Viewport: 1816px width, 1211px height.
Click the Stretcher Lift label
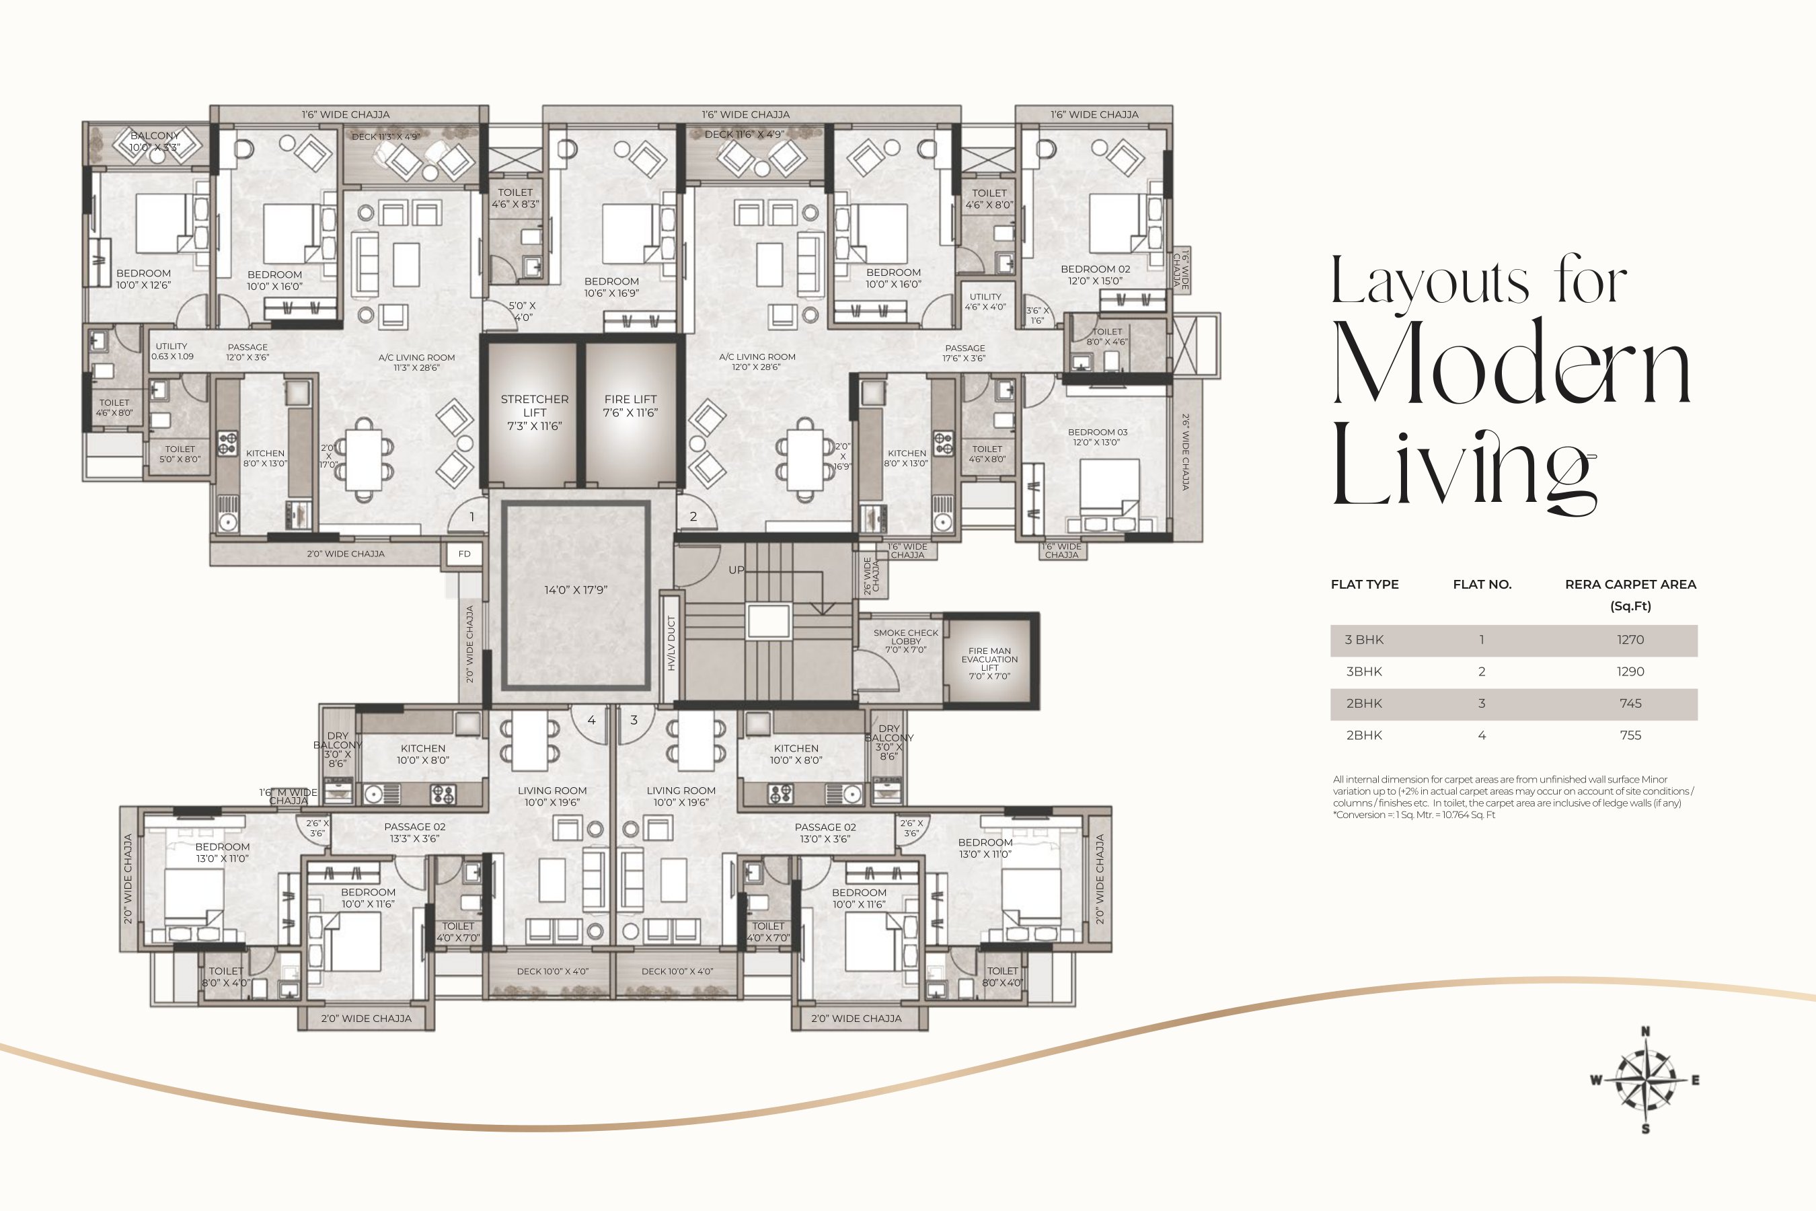pyautogui.click(x=534, y=412)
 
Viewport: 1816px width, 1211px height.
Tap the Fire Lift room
pyautogui.click(x=630, y=414)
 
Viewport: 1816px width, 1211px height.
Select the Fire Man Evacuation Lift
pyautogui.click(x=990, y=661)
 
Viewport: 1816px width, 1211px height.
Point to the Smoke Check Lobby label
pyautogui.click(x=906, y=641)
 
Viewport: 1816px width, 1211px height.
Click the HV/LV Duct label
pyautogui.click(x=671, y=643)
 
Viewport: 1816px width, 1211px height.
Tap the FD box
pyautogui.click(x=464, y=554)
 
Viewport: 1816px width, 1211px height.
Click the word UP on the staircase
pyautogui.click(x=736, y=570)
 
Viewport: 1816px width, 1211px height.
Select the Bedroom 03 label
pyautogui.click(x=1097, y=437)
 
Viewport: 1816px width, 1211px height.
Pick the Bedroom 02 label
pyautogui.click(x=1095, y=275)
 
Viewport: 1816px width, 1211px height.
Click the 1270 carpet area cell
pyautogui.click(x=1630, y=640)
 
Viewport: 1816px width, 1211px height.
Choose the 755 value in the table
pyautogui.click(x=1630, y=735)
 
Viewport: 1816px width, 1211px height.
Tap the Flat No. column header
pyautogui.click(x=1482, y=585)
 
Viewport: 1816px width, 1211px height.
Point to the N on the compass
pyautogui.click(x=1645, y=1031)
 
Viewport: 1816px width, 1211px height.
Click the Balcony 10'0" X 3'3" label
pyautogui.click(x=155, y=141)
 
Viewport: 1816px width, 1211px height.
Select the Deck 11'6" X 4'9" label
pyautogui.click(x=745, y=135)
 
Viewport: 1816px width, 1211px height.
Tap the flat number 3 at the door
pyautogui.click(x=634, y=720)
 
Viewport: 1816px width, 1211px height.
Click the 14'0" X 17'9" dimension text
pyautogui.click(x=575, y=590)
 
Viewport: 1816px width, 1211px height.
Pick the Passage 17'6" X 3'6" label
pyautogui.click(x=964, y=353)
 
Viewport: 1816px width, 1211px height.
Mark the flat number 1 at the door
pyautogui.click(x=471, y=517)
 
